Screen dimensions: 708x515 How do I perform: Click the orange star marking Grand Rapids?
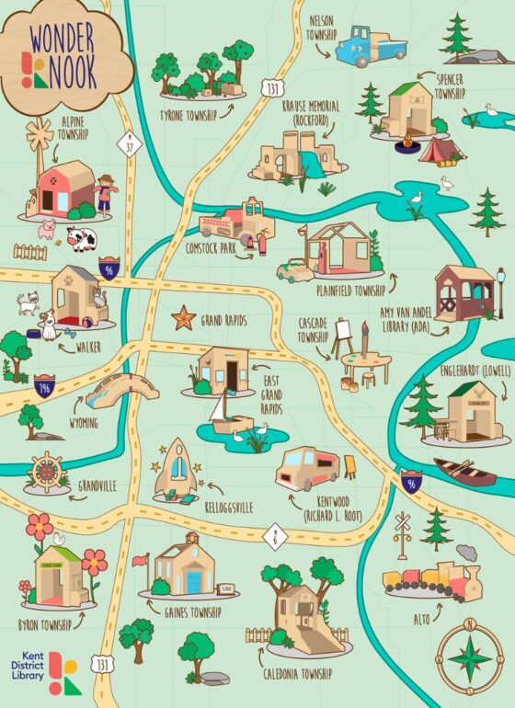[183, 318]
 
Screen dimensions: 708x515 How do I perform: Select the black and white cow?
[81, 240]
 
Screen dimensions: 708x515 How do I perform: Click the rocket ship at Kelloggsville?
[175, 469]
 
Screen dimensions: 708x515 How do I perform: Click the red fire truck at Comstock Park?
[236, 223]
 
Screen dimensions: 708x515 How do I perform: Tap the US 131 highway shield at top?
[272, 88]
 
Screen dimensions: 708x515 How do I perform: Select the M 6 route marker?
[274, 535]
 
